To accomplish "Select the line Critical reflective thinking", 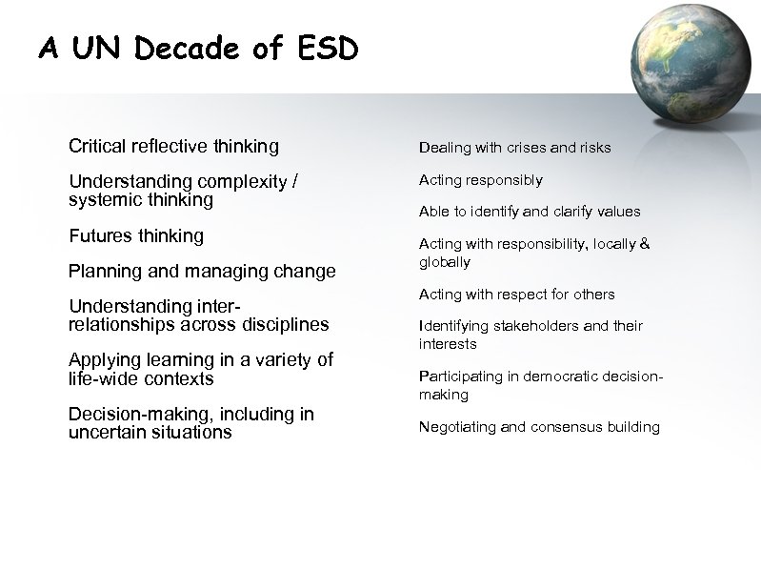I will click(x=173, y=147).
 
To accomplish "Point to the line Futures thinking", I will click(x=136, y=235).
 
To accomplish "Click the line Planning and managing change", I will click(x=202, y=272).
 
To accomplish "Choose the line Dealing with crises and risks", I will click(x=514, y=148).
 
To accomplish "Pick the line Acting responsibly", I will click(x=480, y=180).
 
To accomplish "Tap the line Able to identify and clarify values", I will click(x=529, y=212).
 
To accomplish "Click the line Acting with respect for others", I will click(x=516, y=295).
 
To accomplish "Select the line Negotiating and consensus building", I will click(x=539, y=427).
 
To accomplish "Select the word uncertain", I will click(x=105, y=432).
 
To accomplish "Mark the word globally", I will click(x=444, y=262).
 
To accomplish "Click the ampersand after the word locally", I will click(x=644, y=244).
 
